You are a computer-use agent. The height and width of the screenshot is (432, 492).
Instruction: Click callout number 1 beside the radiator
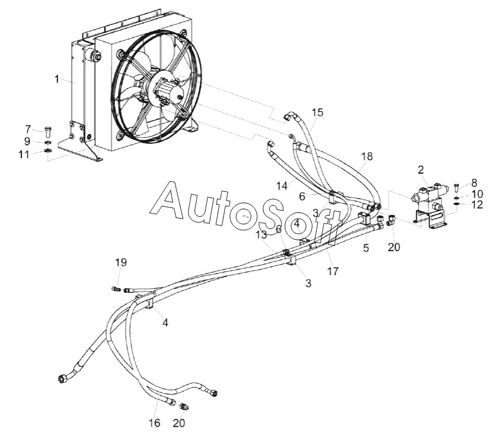point(57,79)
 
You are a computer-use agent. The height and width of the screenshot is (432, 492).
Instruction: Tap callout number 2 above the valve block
point(421,170)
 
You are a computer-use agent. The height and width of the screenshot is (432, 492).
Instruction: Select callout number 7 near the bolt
point(28,129)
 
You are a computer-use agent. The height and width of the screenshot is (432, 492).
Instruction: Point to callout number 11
point(24,154)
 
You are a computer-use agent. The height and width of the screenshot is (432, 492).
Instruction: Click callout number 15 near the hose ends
point(318,112)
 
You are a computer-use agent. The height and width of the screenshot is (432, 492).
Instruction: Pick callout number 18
point(367,156)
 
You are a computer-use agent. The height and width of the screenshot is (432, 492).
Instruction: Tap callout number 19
point(121,262)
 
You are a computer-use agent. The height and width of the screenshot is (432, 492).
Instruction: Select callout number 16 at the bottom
point(155,423)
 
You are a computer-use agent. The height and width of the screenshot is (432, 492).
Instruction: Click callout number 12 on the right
point(477,205)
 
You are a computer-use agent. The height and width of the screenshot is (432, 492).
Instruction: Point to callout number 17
point(333,271)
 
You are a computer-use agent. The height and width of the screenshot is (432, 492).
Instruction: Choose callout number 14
point(282,186)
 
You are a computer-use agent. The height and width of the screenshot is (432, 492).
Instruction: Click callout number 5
point(366,248)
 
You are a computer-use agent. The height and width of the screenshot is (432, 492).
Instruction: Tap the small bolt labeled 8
point(457,188)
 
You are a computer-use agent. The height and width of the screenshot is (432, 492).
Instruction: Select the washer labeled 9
point(48,143)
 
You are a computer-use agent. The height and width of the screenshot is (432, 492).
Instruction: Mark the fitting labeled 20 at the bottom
point(184,406)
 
